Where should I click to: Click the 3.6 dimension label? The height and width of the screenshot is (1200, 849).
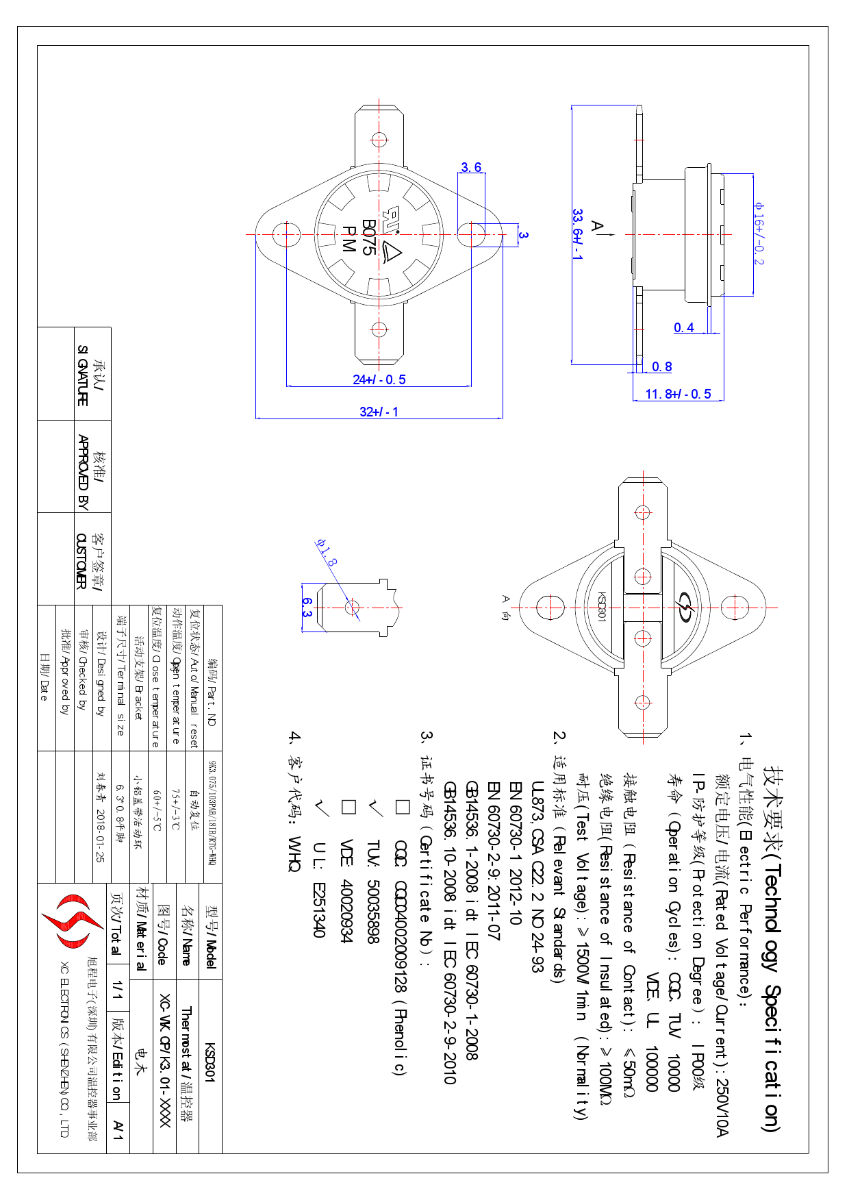click(471, 167)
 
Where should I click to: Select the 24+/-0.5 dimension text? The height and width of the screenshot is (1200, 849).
click(379, 379)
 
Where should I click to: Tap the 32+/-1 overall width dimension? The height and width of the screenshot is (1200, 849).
click(379, 412)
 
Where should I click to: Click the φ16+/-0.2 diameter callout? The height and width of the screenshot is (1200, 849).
click(759, 233)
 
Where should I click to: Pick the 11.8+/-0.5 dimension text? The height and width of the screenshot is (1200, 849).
click(678, 394)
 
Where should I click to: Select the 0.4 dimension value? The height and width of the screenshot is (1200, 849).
click(683, 327)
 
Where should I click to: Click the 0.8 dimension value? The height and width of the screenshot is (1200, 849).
click(661, 366)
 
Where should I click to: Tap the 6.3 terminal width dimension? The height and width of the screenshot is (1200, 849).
click(307, 607)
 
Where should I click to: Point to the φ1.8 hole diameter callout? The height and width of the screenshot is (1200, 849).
click(327, 552)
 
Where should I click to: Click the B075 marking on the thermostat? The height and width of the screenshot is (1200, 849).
click(368, 237)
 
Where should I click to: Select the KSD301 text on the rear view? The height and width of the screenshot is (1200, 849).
click(602, 607)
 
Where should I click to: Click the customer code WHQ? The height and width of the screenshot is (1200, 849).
click(294, 853)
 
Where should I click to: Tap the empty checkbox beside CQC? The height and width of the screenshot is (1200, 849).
click(402, 807)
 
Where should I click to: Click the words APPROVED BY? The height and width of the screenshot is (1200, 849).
click(83, 472)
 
